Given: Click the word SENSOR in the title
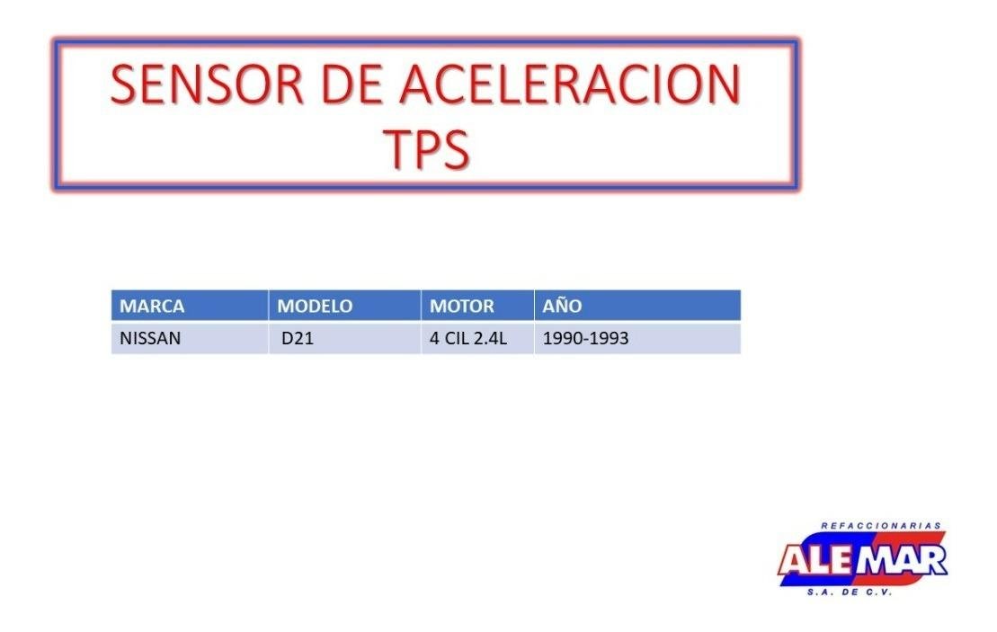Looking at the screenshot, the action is pos(208,84).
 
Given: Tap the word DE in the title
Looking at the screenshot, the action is pos(352,84).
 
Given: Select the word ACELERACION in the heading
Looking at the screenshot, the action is pos(570,84).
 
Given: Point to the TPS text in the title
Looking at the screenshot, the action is pos(426,148).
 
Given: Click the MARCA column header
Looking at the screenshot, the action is pos(152,306).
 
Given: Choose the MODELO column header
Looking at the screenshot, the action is pos(315,306).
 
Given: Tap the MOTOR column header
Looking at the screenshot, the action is pos(461,306).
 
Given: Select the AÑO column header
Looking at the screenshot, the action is pos(562,305).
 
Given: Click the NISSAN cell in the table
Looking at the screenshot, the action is pos(150,338).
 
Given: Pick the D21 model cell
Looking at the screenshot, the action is pos(298,338).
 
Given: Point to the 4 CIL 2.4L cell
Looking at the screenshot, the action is pos(468,338).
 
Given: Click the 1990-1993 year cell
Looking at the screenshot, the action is pos(585,338).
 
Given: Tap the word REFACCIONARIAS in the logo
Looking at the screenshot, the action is pos(881,526).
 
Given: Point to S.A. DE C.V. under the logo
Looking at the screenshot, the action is pos(850,592).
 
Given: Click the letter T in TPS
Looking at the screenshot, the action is pos(396,148).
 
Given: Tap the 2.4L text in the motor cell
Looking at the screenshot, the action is pos(490,338).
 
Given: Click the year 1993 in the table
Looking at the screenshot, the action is pos(609,338).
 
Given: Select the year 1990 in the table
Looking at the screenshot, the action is pos(563,338).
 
